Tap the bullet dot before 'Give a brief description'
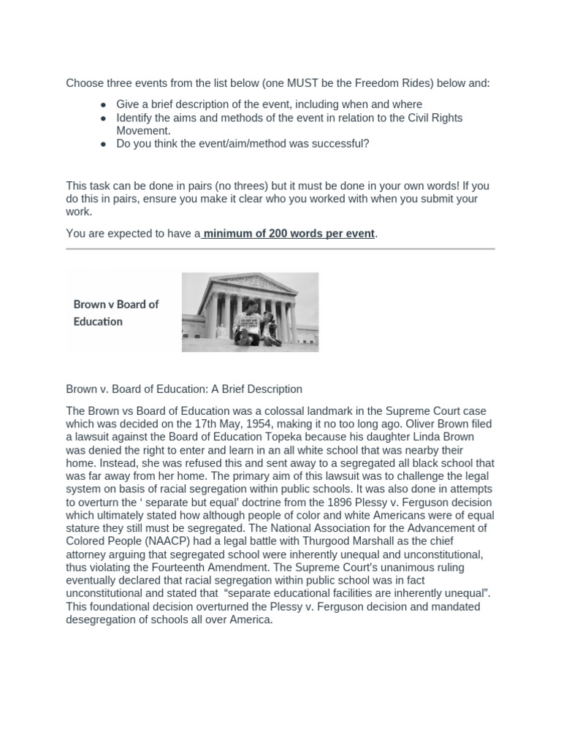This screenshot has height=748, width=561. pos(104,104)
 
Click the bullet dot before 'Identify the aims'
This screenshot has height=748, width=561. pos(104,118)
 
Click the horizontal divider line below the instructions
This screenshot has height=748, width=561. pos(280,249)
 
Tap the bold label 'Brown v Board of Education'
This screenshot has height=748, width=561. pos(115,313)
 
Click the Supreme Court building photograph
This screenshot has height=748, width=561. pos(250,311)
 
